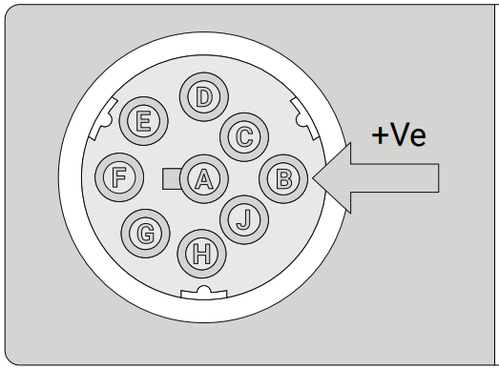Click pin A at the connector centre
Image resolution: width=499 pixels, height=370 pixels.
pos(202,178)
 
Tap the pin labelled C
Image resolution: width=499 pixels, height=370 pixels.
pos(244,136)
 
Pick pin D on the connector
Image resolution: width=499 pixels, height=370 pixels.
pos(202,97)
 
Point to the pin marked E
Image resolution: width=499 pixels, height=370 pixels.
pos(145,121)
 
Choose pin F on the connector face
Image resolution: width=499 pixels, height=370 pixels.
pos(121,176)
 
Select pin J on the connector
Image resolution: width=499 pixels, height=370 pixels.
pos(244,218)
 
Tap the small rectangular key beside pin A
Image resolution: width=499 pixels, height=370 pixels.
pos(172,178)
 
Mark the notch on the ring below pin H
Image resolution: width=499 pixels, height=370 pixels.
pos(202,292)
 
